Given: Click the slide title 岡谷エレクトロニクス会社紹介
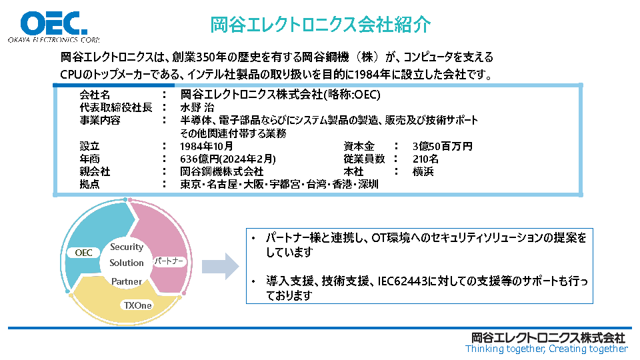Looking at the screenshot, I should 321,25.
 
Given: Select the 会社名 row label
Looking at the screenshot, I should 95,95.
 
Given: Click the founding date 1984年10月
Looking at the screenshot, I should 207,146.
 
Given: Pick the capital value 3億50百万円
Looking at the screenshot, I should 442,146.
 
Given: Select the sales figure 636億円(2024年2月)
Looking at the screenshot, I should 228,159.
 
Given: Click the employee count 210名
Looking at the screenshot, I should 425,159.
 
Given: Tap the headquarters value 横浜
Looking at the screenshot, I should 423,171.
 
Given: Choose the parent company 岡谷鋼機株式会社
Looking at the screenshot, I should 222,171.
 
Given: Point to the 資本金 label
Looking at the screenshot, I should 359,146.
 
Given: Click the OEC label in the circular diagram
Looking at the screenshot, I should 84,253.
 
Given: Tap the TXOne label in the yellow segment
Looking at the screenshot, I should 137,305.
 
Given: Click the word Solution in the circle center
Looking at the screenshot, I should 127,263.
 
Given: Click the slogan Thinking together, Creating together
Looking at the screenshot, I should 546,349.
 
